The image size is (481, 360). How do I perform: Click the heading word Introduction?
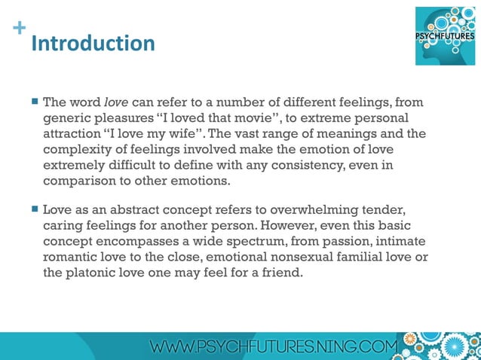coord(93,42)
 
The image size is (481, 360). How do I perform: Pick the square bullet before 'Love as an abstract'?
coord(35,209)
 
